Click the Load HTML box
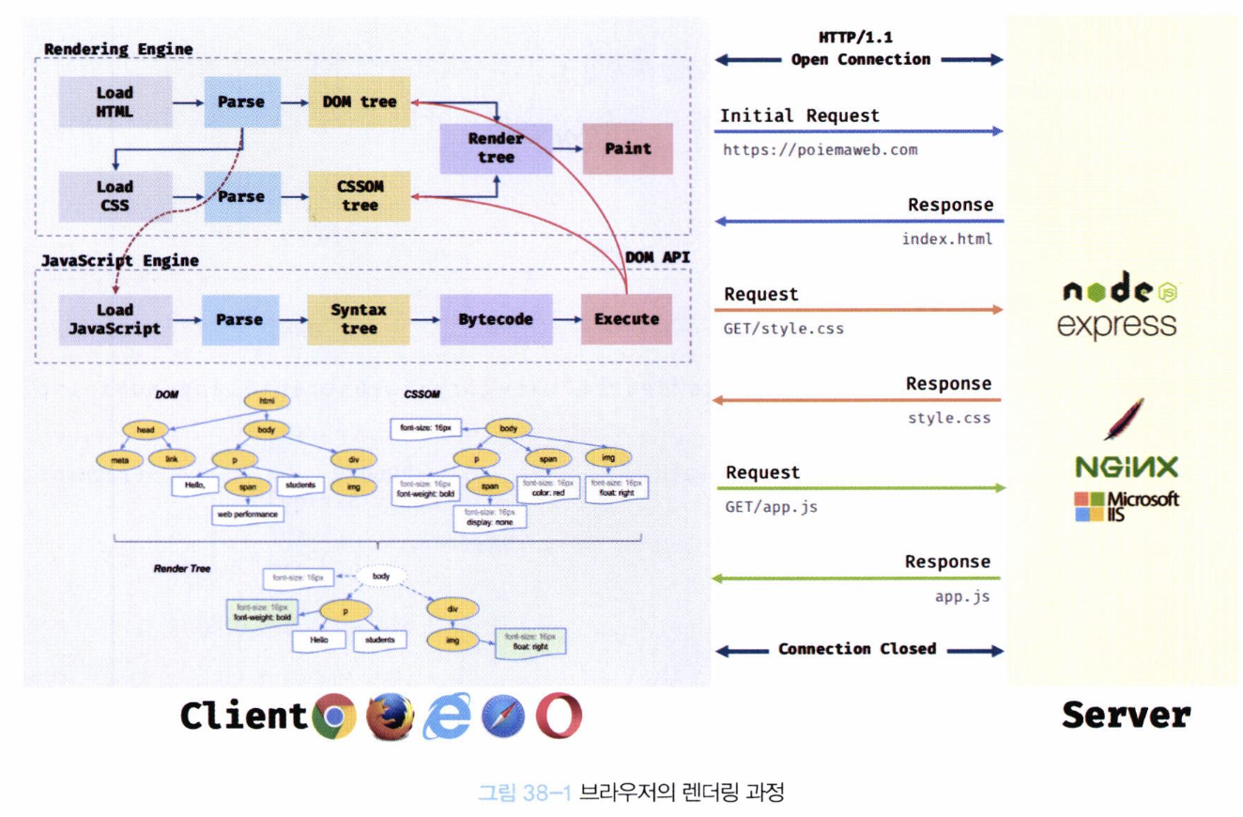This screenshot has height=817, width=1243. click(x=115, y=102)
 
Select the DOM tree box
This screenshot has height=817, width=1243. click(x=361, y=102)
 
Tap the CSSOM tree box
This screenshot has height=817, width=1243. click(x=361, y=197)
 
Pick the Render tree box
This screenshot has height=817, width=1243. click(x=495, y=147)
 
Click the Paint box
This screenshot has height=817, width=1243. click(x=628, y=147)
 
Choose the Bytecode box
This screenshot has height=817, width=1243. click(x=495, y=319)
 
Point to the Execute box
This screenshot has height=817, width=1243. click(x=627, y=319)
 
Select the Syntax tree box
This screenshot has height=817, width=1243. click(x=360, y=319)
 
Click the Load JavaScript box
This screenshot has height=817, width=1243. click(x=115, y=319)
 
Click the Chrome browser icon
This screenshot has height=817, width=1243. click(x=334, y=717)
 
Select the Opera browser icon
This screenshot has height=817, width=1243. click(x=560, y=717)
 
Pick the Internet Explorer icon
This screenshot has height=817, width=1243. click(x=447, y=717)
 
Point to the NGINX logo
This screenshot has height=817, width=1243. click(x=1127, y=468)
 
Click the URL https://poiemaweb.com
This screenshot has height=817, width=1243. click(x=819, y=149)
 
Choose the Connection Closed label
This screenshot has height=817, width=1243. click(x=856, y=649)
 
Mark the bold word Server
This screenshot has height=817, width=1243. click(x=1126, y=716)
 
